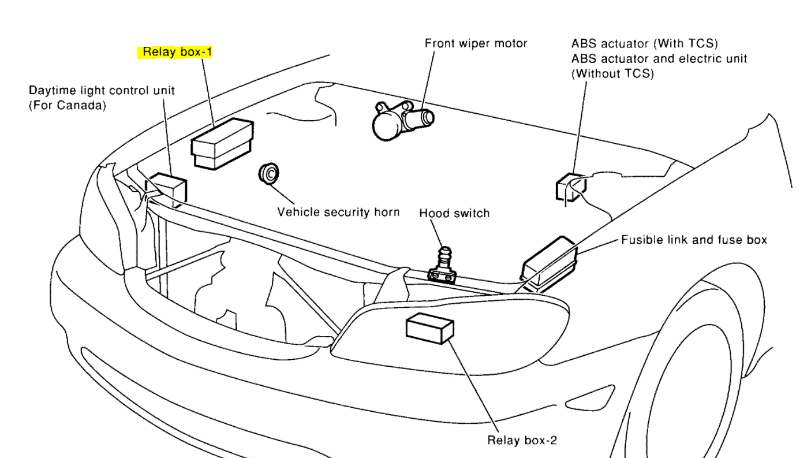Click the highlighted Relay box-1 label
point(178,52)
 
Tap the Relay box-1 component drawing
point(222,144)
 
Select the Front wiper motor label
point(476,43)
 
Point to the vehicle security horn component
point(269,173)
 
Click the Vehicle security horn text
point(338,212)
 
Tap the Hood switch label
point(454,213)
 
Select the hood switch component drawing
point(442,267)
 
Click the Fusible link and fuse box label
point(694,239)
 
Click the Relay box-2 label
point(522,440)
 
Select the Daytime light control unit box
point(170,189)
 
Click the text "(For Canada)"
point(68,106)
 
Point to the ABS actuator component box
point(570,188)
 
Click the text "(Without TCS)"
point(612,74)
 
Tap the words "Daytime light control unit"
point(102,91)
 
